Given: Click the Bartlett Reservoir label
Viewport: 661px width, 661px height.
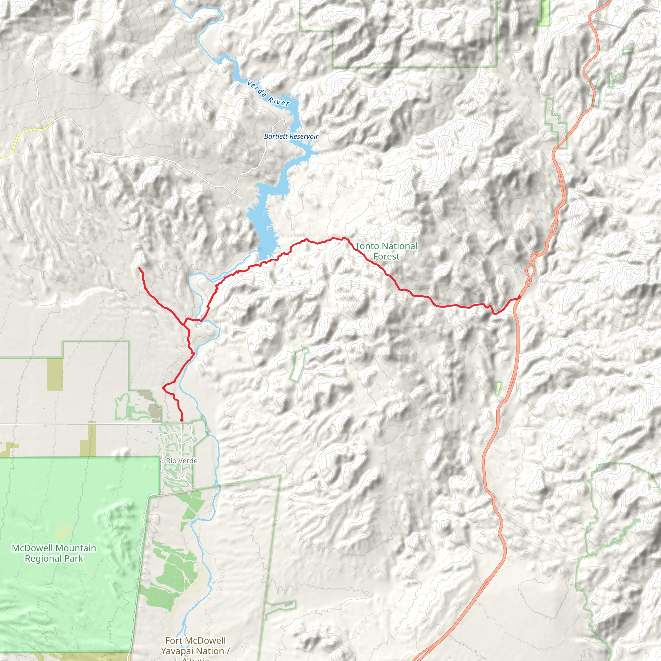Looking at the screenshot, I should coord(291,136).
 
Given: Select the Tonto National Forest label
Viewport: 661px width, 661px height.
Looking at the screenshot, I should coord(386,251).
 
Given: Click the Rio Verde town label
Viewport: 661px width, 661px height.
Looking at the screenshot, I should coord(182,461).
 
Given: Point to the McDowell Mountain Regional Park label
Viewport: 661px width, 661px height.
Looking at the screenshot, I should coord(54,553).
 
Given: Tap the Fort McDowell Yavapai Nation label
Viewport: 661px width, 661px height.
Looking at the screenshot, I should coord(195,646).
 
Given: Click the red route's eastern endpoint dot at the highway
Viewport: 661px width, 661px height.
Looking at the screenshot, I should coord(519,297).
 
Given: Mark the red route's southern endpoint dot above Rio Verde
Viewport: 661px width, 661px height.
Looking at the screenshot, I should coord(182,420).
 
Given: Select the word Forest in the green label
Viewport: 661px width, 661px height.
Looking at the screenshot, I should coord(386,256).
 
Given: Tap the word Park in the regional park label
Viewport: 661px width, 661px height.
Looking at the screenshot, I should coord(74,559).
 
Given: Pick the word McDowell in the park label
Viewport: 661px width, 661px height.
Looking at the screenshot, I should coord(32,548).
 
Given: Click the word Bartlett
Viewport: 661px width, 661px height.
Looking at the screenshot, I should coord(276,136).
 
